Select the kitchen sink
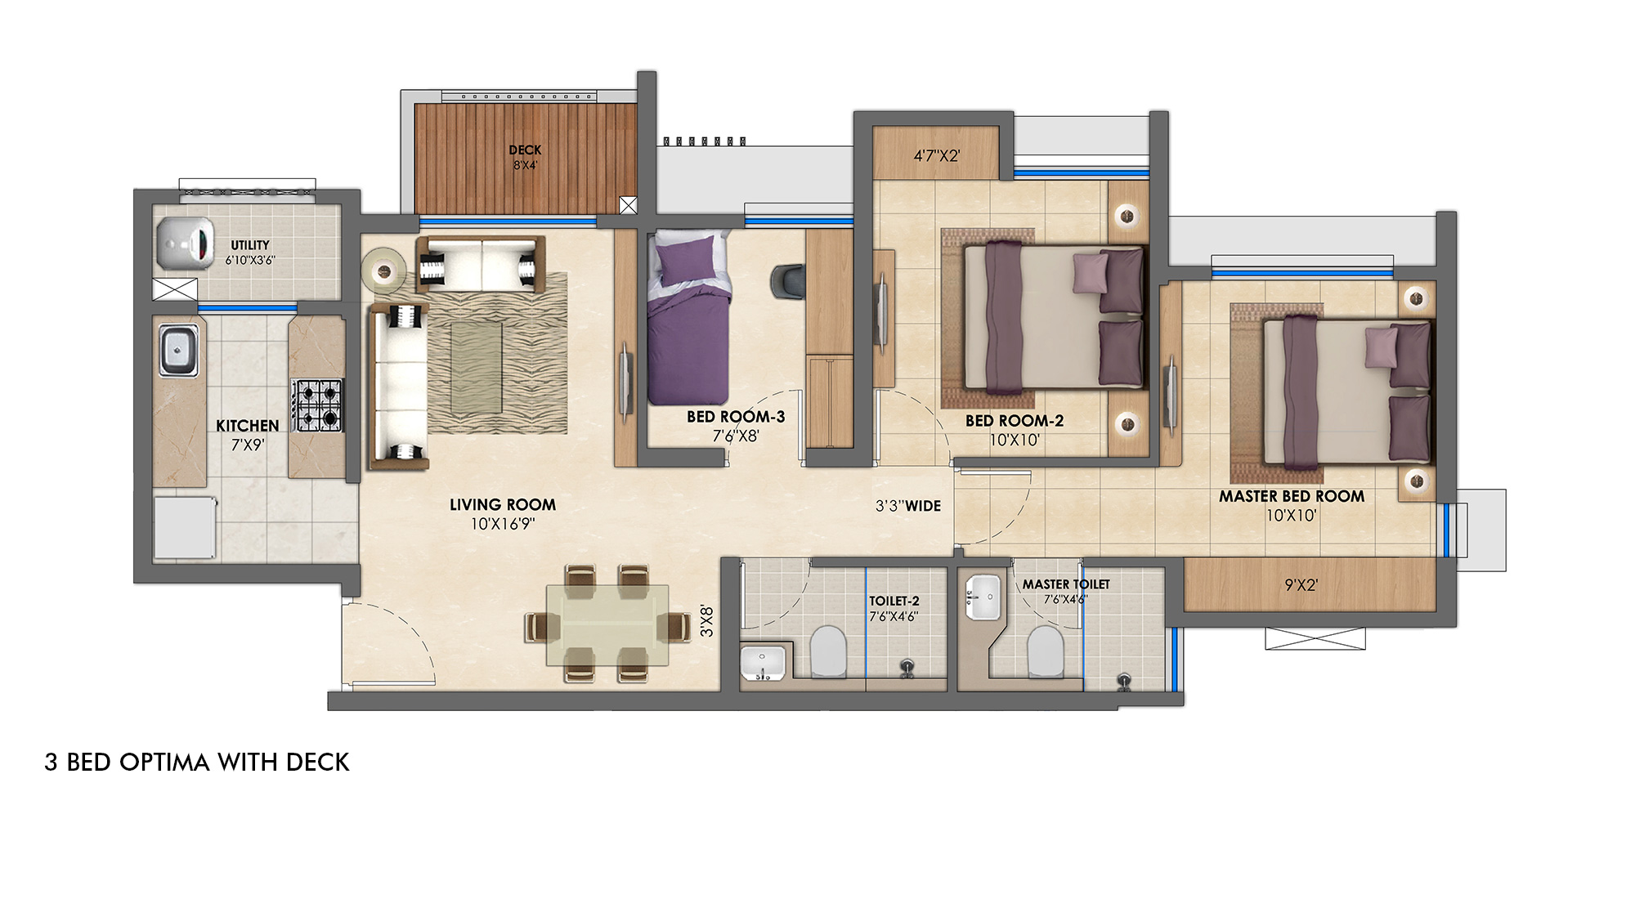tap(178, 350)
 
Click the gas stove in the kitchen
tap(318, 405)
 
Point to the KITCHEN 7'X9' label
tap(247, 435)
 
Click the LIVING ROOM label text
tap(502, 505)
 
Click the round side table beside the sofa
tap(383, 267)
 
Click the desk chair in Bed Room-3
tap(787, 281)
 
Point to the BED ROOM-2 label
tap(1014, 421)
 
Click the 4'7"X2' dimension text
tap(936, 155)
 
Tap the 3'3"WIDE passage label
tap(907, 506)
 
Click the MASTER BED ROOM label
tap(1291, 496)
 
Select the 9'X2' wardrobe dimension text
tap(1300, 585)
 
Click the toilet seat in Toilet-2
tap(828, 651)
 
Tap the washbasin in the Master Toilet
tap(982, 596)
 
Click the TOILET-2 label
tap(894, 601)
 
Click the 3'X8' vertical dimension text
tap(706, 621)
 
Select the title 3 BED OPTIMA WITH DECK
tap(197, 763)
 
